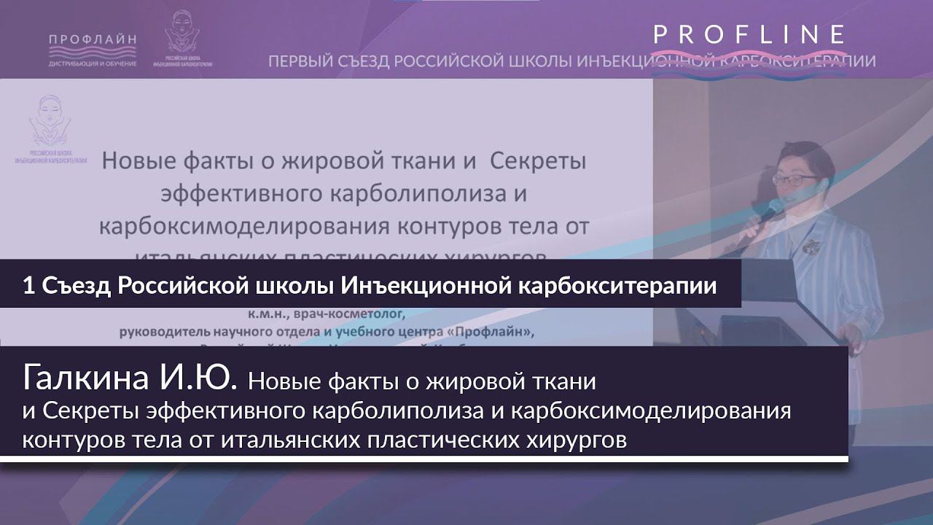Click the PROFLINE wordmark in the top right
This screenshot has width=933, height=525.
point(749,34)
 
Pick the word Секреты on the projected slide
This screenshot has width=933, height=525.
point(538,161)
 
